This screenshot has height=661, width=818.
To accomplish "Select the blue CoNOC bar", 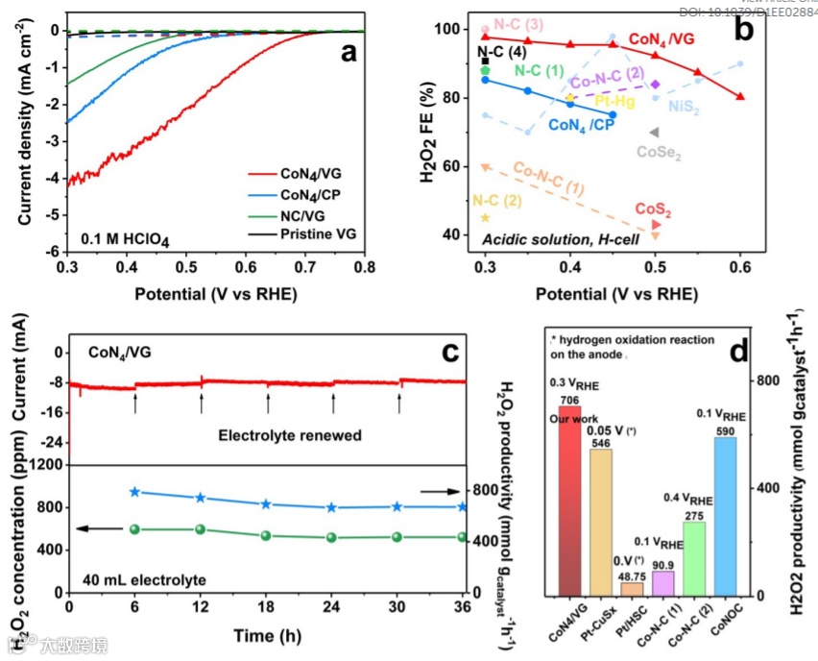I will pyautogui.click(x=725, y=519).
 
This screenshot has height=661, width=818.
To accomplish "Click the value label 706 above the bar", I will pyautogui.click(x=570, y=400).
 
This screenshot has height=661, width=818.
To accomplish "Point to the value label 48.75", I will pyautogui.click(x=632, y=575).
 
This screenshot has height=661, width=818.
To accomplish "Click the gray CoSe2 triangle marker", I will pyautogui.click(x=655, y=133).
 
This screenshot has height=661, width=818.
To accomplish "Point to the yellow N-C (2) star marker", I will pyautogui.click(x=485, y=218).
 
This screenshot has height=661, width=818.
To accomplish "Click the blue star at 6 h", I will pyautogui.click(x=134, y=492).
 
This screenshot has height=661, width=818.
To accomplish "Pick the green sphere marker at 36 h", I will pyautogui.click(x=463, y=537).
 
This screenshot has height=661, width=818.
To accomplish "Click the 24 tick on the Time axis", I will pyautogui.click(x=331, y=608).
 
